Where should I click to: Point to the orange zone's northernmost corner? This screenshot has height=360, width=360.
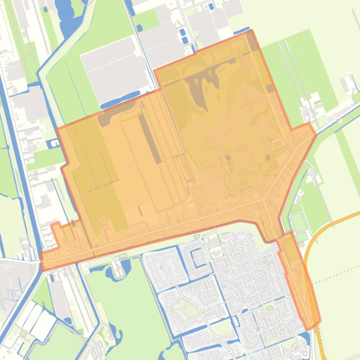click(x=251, y=31)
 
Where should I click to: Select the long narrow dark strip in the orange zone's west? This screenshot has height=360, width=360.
click(x=150, y=138)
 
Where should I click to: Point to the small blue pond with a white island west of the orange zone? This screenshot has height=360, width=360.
click(x=55, y=143)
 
